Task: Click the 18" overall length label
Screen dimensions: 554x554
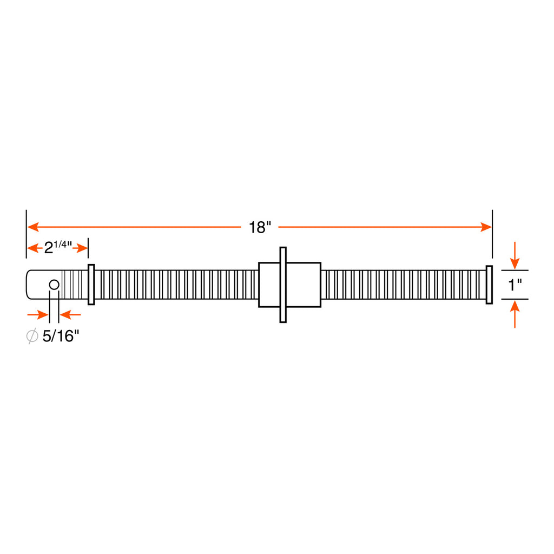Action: [x=260, y=228]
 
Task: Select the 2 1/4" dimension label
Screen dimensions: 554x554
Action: [x=57, y=247]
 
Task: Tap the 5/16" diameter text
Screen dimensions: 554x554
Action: [x=61, y=336]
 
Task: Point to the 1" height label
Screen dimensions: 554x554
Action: [x=515, y=285]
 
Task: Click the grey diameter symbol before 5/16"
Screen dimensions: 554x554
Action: [x=32, y=336]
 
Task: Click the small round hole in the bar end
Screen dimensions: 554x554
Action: [x=54, y=285]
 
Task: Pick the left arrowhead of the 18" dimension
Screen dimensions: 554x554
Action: [x=33, y=227]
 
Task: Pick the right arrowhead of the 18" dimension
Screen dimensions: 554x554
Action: [x=486, y=227]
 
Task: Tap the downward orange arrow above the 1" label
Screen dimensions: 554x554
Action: [x=515, y=255]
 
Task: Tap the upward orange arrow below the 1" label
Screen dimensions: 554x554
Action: [x=515, y=314]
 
